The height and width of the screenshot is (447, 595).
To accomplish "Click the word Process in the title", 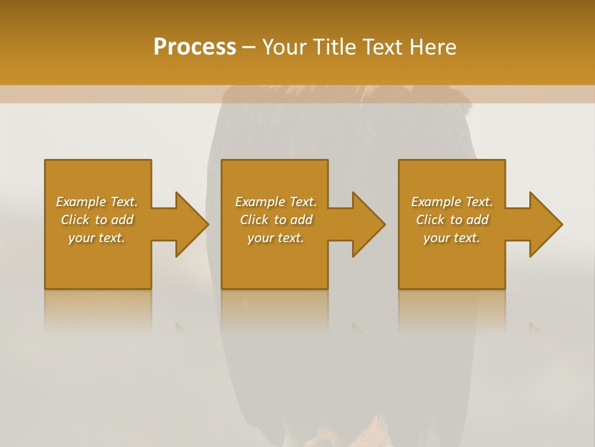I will (195, 47).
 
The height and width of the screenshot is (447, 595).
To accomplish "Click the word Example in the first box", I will (81, 202).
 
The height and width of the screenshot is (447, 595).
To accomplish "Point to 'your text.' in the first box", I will (97, 238).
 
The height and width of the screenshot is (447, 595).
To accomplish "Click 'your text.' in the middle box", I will (276, 238).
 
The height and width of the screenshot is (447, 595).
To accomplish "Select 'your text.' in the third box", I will (452, 238).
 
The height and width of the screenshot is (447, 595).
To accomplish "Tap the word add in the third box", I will (478, 220).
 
